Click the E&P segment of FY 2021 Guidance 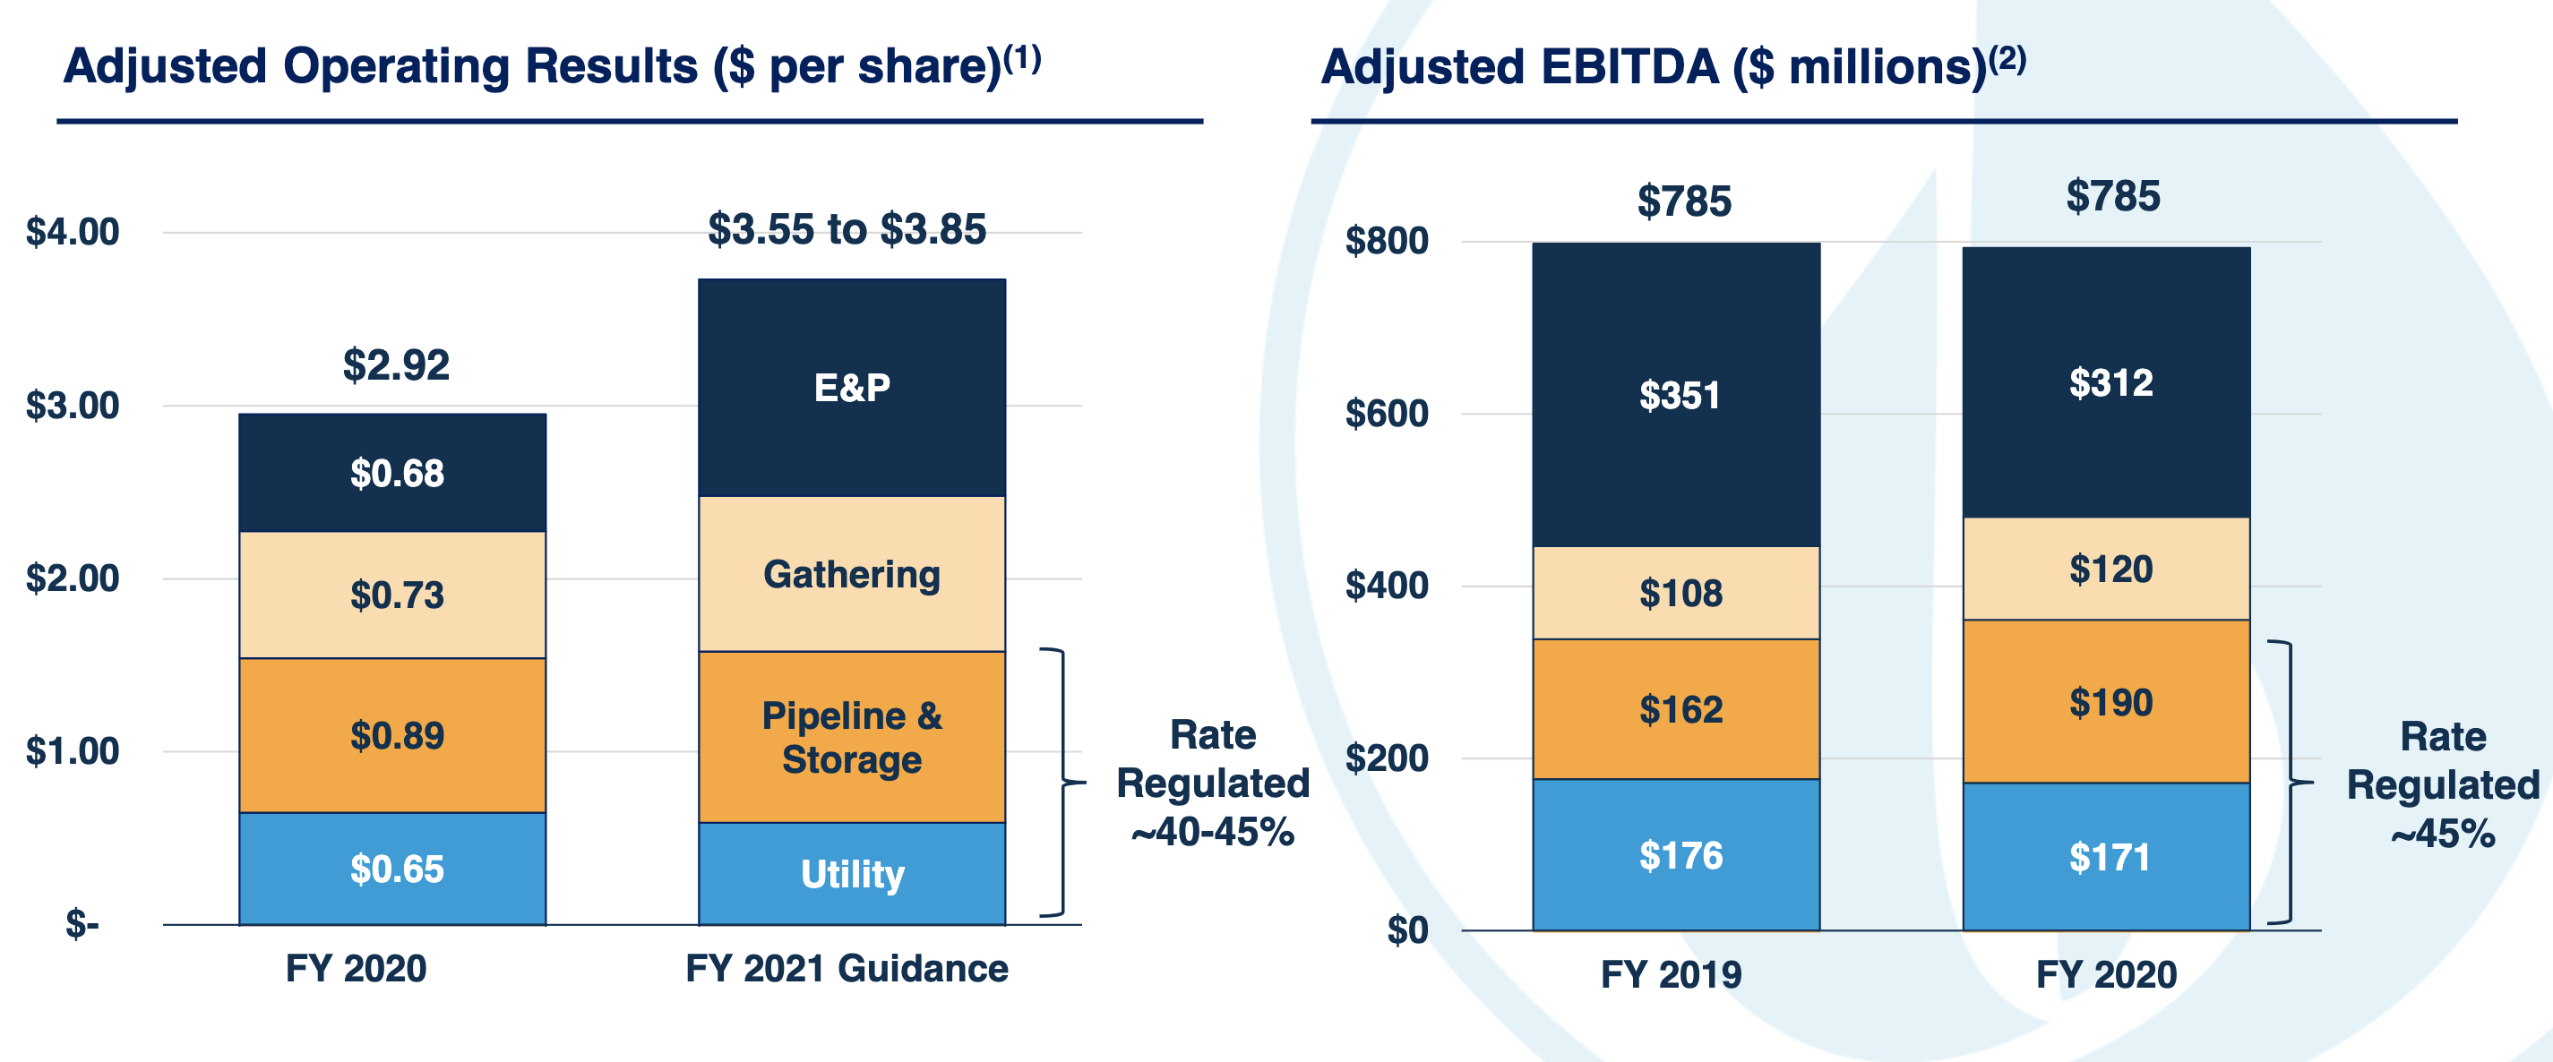[851, 389]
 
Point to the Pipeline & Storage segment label [851, 738]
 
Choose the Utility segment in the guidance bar [851, 875]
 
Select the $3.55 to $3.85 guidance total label [847, 230]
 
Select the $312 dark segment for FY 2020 [2110, 383]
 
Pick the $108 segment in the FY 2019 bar [1680, 594]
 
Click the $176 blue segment [1680, 856]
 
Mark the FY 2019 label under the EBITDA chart [1671, 975]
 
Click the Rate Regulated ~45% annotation [2442, 785]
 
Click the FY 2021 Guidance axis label [847, 969]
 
